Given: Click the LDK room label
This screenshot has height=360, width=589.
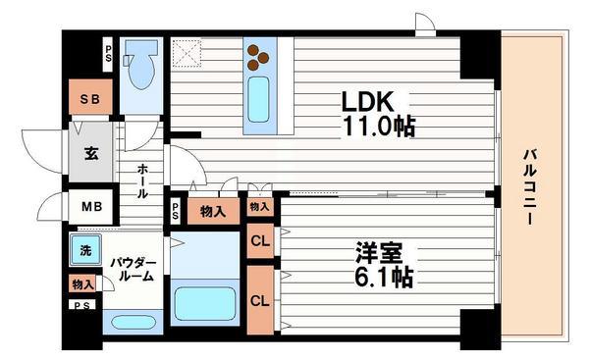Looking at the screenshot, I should (367, 102).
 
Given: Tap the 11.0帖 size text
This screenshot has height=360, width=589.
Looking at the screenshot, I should (378, 126).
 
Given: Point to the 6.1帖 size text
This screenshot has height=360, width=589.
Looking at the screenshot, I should (383, 277).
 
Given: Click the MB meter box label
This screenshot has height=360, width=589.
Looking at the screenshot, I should (89, 207).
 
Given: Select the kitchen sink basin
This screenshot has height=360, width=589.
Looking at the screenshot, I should (259, 100).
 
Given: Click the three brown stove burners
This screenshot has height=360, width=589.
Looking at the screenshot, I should (259, 56).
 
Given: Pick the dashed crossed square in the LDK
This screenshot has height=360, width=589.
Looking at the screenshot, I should (187, 52).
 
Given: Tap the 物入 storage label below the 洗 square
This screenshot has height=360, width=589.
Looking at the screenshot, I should (83, 284).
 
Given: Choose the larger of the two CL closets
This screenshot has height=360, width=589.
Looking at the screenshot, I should (260, 299).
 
